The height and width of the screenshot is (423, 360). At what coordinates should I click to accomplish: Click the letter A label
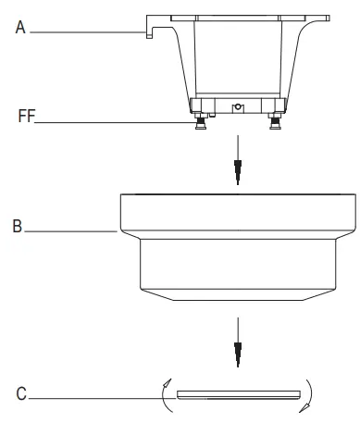click(18, 29)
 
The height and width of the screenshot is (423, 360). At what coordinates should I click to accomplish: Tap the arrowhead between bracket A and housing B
click(239, 169)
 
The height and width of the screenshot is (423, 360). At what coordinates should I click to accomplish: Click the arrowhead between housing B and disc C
click(239, 351)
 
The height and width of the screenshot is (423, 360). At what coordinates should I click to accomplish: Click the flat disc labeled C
click(239, 392)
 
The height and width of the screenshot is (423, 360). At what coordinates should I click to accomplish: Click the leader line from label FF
click(111, 121)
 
